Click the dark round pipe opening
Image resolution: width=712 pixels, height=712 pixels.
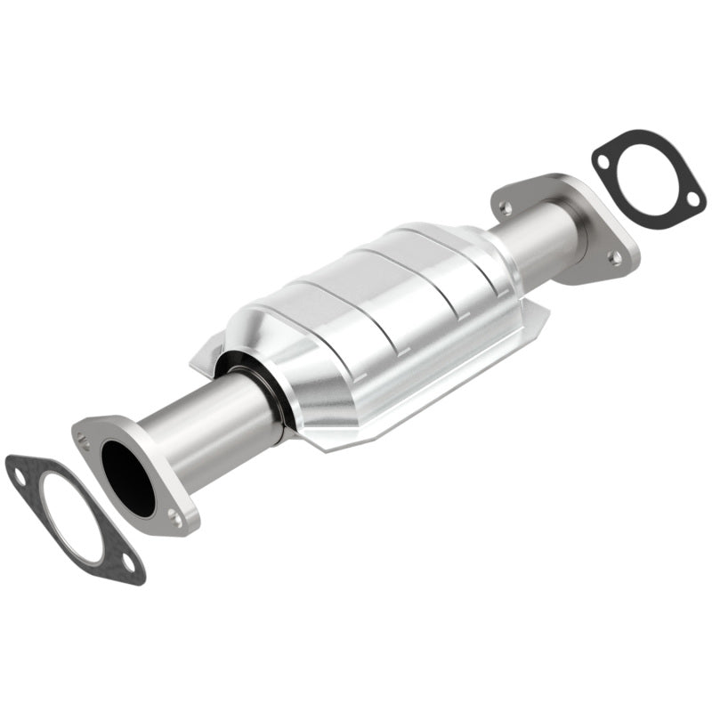tap(127, 478)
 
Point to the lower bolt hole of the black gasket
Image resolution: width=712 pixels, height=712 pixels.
tap(690, 198)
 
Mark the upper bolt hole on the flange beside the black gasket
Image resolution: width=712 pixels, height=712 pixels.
tap(506, 207)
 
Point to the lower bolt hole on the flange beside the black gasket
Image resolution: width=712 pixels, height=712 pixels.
tap(614, 257)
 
